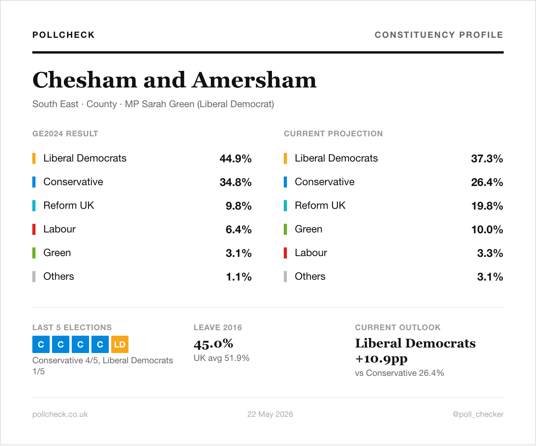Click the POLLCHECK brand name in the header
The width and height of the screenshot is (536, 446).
coord(63,35)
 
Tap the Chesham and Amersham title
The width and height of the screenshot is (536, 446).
coord(174,80)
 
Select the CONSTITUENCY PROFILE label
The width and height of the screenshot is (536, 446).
coord(439,35)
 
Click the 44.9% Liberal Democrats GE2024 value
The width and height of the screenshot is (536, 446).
coord(235,159)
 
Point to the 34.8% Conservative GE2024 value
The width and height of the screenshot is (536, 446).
coord(235,182)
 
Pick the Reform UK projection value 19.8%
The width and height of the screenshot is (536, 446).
coord(487,206)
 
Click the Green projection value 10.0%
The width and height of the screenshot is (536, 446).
coord(487,229)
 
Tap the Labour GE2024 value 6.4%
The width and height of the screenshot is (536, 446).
coord(238,229)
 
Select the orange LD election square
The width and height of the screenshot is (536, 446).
coord(120,344)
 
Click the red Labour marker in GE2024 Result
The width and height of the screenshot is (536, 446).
coord(34,229)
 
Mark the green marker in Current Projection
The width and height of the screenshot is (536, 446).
coord(285,229)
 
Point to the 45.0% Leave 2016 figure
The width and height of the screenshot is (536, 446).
coord(213,344)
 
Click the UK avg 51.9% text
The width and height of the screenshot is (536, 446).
coord(221,358)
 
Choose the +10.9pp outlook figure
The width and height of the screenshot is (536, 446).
coord(381,359)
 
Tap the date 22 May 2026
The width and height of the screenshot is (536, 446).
coord(270,414)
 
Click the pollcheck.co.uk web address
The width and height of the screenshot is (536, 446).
coord(60,414)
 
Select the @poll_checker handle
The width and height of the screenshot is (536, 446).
coord(478,414)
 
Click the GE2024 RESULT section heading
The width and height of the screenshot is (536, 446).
coord(65,134)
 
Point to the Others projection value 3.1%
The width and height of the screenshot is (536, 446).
coord(490,277)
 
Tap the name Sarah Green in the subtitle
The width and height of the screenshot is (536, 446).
coord(168,104)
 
